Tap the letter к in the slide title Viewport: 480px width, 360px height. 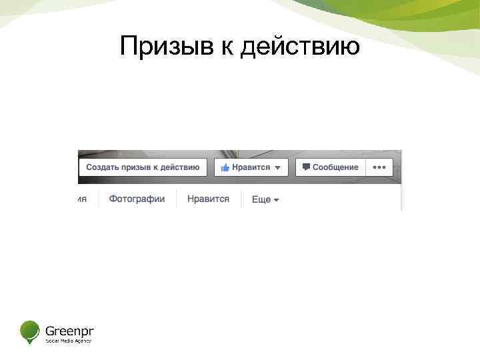pyautogui.click(x=227, y=48)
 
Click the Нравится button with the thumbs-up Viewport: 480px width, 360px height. pyautogui.click(x=251, y=167)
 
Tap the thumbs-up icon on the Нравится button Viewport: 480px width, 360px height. pyautogui.click(x=225, y=167)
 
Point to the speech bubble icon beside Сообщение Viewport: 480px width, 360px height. pyautogui.click(x=306, y=167)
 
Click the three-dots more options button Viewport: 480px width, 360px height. pyautogui.click(x=379, y=167)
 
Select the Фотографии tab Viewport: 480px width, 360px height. pyautogui.click(x=137, y=199)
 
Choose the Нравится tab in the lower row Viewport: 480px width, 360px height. pyautogui.click(x=208, y=199)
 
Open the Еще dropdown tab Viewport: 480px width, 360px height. pyautogui.click(x=265, y=199)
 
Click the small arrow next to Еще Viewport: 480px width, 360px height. pyautogui.click(x=276, y=200)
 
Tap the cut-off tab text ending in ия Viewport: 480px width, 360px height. pyautogui.click(x=82, y=199)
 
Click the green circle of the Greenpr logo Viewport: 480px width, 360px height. pyautogui.click(x=30, y=330)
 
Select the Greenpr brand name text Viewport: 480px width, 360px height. pyautogui.click(x=69, y=329)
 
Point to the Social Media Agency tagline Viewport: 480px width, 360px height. pyautogui.click(x=68, y=341)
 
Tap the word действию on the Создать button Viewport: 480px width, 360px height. pyautogui.click(x=179, y=167)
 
